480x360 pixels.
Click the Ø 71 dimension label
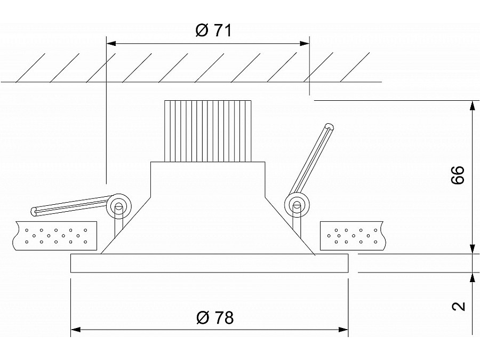213,30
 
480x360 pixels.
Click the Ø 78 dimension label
214,318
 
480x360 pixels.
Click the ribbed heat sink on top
207,131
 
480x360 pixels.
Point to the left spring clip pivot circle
118,206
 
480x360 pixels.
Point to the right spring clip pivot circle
296,204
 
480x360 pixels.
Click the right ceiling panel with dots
352,235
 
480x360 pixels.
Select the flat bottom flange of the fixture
209,263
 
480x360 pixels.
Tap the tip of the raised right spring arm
329,127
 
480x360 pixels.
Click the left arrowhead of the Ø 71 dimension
111,44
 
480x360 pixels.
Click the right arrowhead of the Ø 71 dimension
305,44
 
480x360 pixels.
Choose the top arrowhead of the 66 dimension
472,105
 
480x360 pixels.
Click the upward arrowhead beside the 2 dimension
472,277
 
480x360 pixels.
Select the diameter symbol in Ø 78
203,318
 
